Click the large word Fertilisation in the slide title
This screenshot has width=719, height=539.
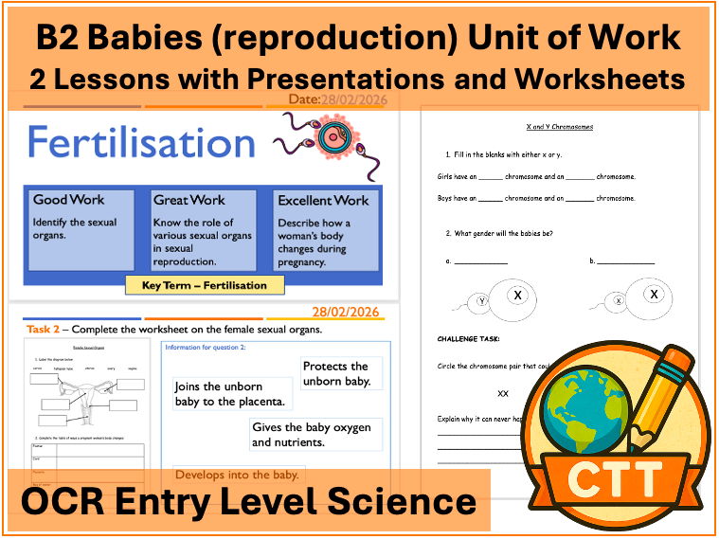(140, 143)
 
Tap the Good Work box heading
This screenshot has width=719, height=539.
(69, 200)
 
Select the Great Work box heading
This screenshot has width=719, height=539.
(189, 200)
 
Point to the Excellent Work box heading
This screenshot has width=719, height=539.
(323, 201)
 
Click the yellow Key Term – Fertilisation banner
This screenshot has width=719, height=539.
(206, 284)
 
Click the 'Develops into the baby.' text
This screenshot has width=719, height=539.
(238, 475)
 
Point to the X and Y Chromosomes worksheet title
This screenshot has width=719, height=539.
(559, 126)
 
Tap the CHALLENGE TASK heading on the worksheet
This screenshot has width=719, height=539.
(468, 338)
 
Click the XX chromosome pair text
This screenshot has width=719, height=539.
(502, 392)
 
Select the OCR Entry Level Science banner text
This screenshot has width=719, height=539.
(248, 501)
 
